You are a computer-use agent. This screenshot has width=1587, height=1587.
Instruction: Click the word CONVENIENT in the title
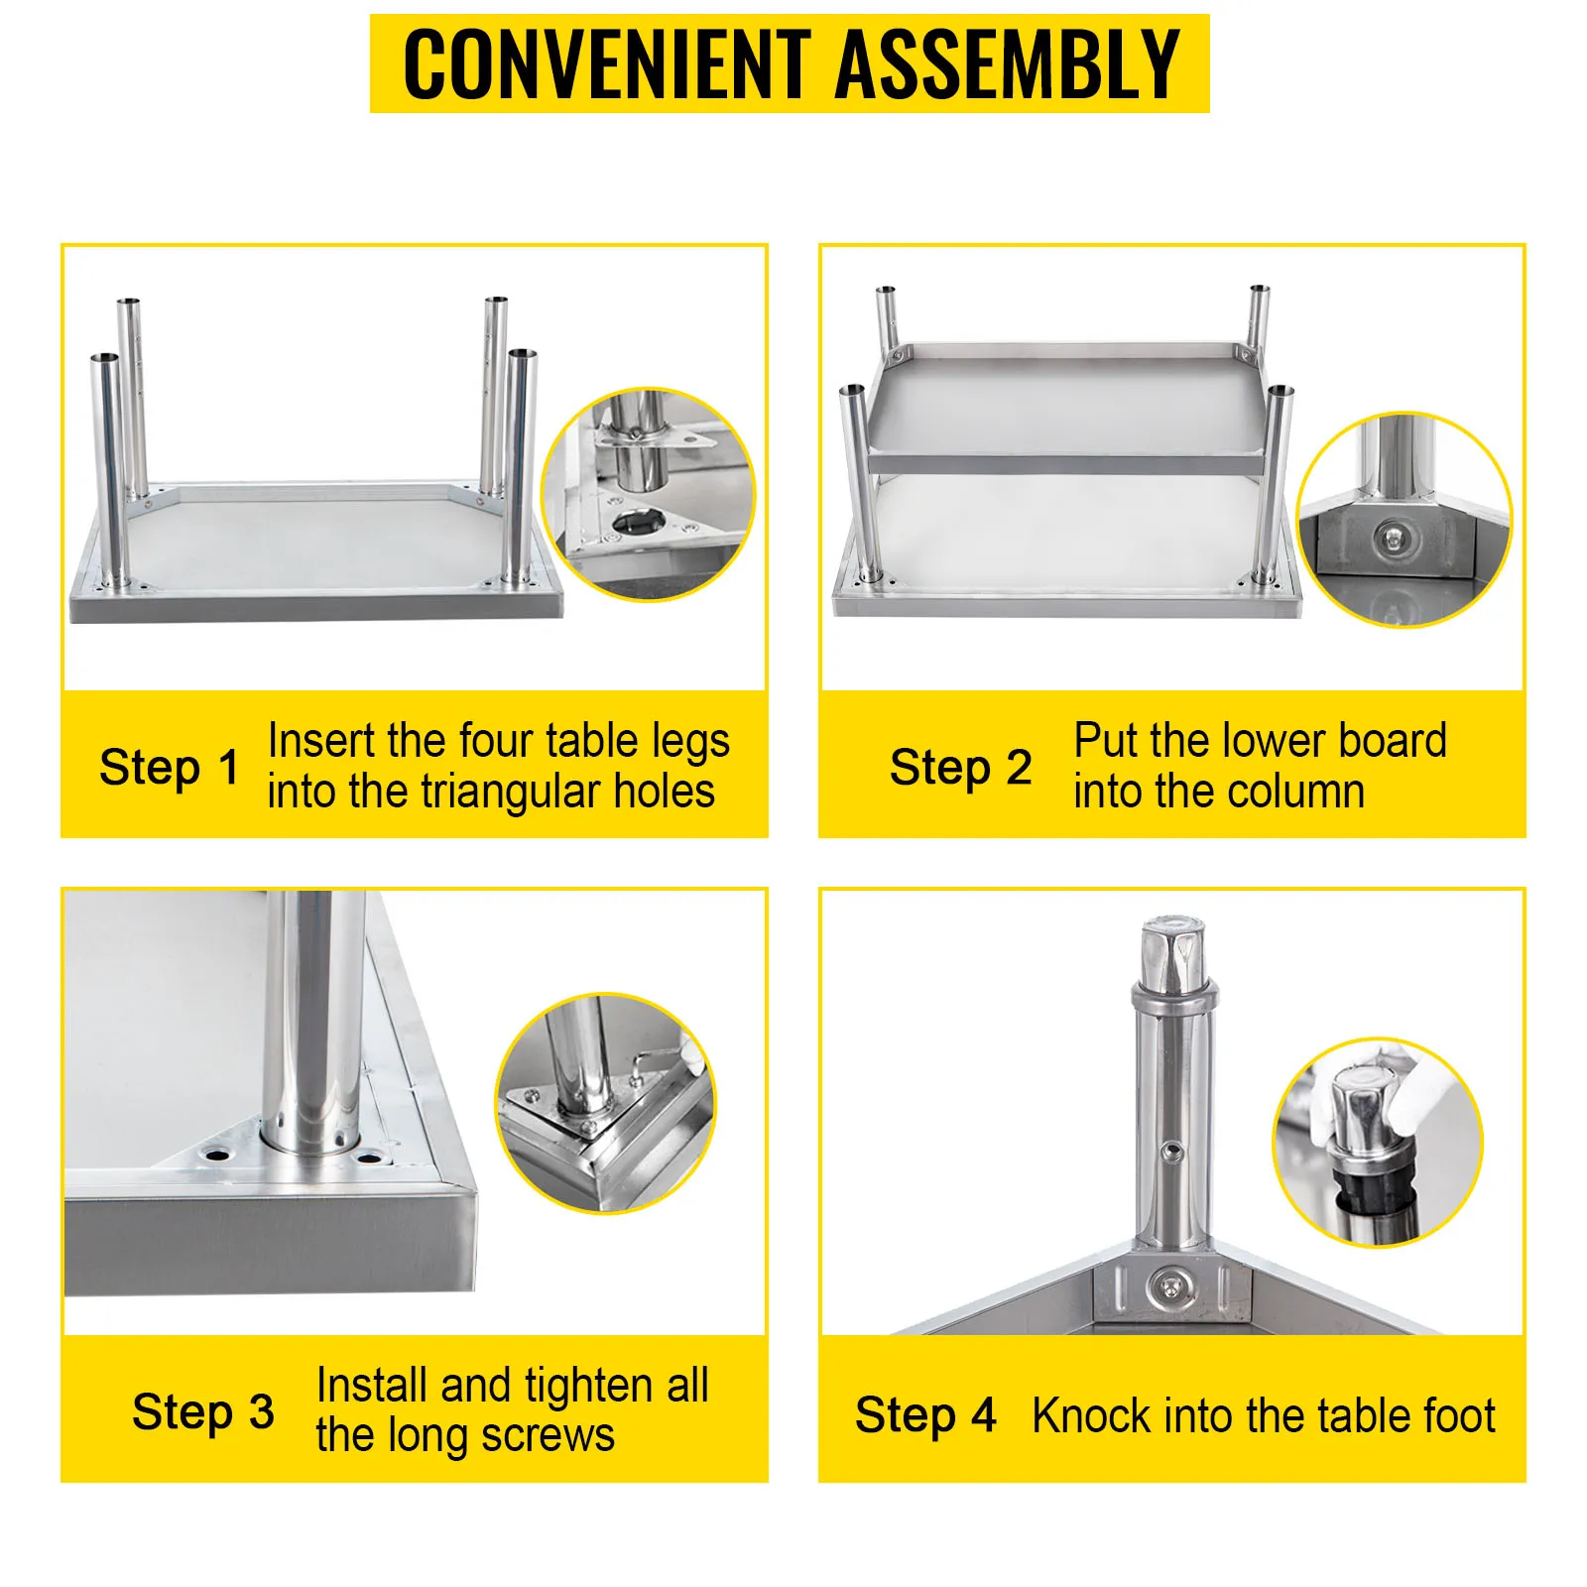606,63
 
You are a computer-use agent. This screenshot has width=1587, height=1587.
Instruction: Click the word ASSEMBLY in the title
1009,63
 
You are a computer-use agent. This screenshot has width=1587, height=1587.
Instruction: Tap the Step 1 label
170,769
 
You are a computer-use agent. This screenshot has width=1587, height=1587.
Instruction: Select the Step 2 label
960,769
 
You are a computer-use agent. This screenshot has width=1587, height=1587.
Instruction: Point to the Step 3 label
203,1412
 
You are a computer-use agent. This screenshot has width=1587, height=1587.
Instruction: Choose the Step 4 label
925,1415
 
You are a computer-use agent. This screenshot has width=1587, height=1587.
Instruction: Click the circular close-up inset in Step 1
648,494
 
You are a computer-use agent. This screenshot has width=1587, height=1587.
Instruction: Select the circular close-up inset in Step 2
1404,520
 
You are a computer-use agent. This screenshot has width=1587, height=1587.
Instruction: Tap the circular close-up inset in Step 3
605,1102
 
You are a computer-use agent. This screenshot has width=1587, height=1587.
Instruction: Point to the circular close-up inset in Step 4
1378,1143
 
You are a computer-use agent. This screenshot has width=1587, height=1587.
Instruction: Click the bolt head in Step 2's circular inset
1394,540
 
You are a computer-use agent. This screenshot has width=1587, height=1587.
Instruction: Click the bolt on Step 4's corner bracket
1171,1286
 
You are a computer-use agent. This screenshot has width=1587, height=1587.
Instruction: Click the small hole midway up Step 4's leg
1173,1152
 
